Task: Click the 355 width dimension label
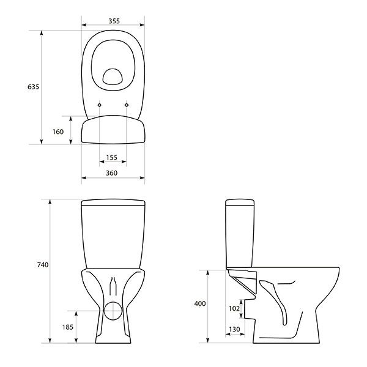click(x=113, y=20)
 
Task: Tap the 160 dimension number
click(x=59, y=131)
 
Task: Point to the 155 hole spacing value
click(x=112, y=158)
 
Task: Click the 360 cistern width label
click(x=113, y=174)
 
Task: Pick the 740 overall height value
click(x=42, y=265)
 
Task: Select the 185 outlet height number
click(x=67, y=327)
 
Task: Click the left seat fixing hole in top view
click(x=100, y=105)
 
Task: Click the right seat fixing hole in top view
click(x=127, y=105)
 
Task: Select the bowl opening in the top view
click(x=113, y=76)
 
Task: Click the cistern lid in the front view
click(x=113, y=203)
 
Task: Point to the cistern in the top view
click(x=113, y=131)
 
